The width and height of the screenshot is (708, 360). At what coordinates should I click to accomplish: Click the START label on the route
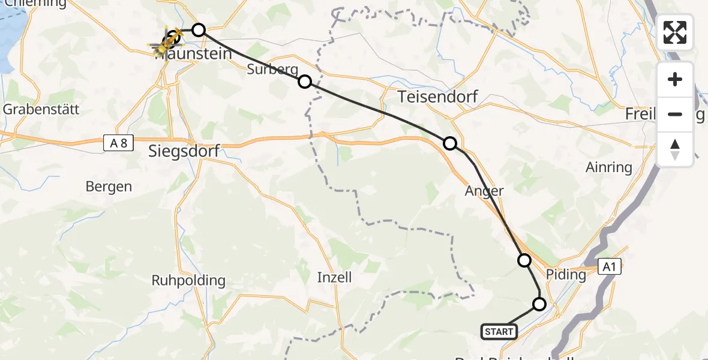tap(499, 331)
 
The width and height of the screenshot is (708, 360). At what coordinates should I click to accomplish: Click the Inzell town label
tap(334, 277)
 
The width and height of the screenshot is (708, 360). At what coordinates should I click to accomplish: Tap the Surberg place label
tap(272, 70)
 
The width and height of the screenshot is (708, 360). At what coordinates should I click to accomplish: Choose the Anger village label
tap(484, 191)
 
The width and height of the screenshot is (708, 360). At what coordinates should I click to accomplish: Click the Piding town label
tap(566, 275)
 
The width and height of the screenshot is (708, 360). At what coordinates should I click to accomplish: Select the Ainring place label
tap(608, 167)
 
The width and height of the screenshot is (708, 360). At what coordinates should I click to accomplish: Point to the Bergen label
tap(109, 187)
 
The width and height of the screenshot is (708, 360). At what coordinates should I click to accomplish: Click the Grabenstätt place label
tap(41, 110)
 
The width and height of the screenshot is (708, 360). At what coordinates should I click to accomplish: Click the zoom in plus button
tap(675, 80)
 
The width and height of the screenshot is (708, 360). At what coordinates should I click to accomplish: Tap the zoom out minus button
tap(675, 115)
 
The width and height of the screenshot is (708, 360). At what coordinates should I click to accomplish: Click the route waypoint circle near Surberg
tap(305, 82)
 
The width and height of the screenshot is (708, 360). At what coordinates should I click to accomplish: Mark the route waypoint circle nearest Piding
tap(524, 260)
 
